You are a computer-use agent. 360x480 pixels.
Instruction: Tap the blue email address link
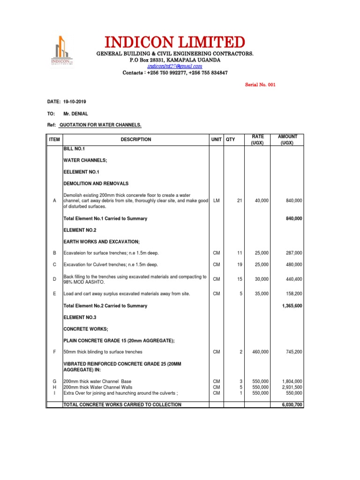click(x=175, y=67)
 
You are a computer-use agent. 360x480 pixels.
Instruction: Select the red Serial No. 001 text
click(x=262, y=85)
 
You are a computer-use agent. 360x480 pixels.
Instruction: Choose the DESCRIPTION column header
click(x=136, y=139)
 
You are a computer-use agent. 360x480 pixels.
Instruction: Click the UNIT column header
click(x=216, y=139)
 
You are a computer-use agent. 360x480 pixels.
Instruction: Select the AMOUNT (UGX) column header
click(x=287, y=139)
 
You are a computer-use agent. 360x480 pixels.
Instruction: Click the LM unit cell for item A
click(x=216, y=201)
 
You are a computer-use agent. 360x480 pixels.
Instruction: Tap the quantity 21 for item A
click(x=240, y=201)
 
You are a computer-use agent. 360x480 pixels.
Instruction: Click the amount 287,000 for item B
click(x=294, y=253)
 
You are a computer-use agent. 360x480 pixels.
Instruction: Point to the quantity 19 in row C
click(x=240, y=265)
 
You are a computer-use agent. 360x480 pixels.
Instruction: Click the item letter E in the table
click(x=54, y=294)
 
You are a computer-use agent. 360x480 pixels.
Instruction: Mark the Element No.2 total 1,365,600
click(x=292, y=306)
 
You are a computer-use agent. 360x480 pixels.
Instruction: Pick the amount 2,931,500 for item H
click(x=292, y=388)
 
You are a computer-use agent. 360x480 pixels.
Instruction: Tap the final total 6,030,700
click(x=292, y=405)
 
